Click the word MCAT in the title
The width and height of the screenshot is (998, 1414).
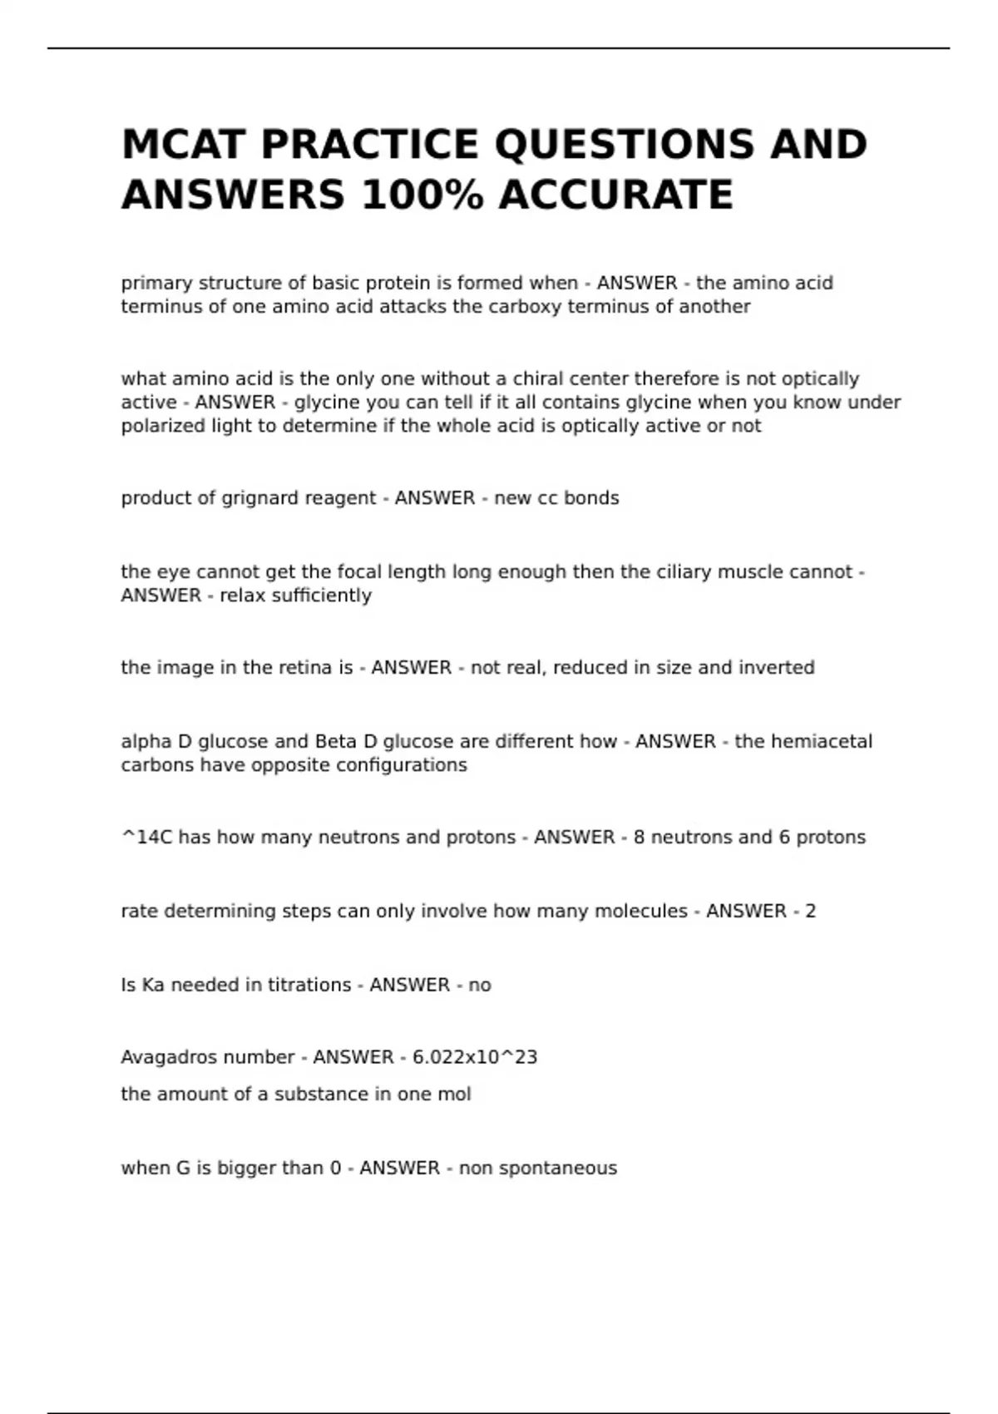[183, 145]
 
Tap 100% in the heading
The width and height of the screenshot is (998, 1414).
[422, 195]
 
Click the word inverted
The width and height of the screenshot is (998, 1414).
[776, 668]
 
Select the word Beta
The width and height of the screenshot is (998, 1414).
[333, 742]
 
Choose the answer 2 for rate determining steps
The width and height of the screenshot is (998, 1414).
[810, 912]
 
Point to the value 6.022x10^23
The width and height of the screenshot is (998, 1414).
[475, 1057]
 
